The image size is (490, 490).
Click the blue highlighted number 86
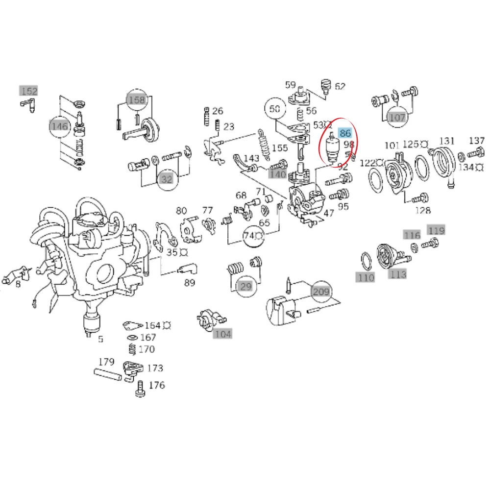point(344,133)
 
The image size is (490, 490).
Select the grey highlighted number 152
point(29,91)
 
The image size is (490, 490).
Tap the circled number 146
point(60,126)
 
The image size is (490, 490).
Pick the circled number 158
point(137,99)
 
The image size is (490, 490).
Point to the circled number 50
point(275,109)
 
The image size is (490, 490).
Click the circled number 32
point(167,179)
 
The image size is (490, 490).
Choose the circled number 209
point(321,292)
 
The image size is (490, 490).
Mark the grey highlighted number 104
point(223,334)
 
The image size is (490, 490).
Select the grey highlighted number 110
point(366,277)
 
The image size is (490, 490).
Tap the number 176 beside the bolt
point(157,385)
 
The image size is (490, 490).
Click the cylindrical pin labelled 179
point(107,374)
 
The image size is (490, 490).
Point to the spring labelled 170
point(133,349)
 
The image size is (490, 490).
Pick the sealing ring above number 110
point(367,261)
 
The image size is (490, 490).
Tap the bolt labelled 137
point(476,153)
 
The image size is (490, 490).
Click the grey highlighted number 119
point(436,230)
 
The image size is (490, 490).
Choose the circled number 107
point(397,118)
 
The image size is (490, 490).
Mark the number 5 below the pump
point(100,339)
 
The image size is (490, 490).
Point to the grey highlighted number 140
point(278,174)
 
